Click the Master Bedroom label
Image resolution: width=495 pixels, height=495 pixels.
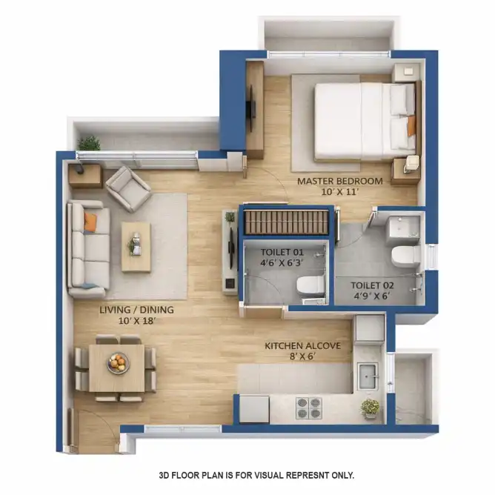(x=340, y=182)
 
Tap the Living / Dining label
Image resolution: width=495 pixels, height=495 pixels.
(x=136, y=310)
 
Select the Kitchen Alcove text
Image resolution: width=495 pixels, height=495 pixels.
(x=303, y=345)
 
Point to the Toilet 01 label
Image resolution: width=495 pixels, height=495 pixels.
(x=282, y=252)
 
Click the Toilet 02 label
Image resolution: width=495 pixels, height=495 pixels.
(x=373, y=285)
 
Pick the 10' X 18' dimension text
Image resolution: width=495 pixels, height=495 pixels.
(x=137, y=321)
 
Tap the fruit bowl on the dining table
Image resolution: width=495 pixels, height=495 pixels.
(x=118, y=362)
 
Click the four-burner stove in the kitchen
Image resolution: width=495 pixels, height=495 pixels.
(x=309, y=408)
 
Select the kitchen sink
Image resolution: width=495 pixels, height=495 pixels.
(x=368, y=376)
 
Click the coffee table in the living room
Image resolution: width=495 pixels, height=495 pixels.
(x=136, y=247)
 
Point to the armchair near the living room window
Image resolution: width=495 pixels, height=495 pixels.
(x=129, y=189)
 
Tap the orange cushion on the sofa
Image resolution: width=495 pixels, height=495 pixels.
(x=90, y=222)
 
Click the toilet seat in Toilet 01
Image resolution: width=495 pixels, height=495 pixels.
(x=311, y=285)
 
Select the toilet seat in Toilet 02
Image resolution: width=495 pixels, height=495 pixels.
(x=406, y=256)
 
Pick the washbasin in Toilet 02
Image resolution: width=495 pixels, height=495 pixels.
(x=402, y=227)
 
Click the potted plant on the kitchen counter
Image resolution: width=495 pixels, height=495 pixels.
(x=371, y=408)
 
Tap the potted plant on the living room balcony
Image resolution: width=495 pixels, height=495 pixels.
(x=90, y=143)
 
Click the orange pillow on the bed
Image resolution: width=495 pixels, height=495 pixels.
(x=411, y=126)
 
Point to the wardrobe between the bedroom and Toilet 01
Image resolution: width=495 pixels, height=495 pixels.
(x=287, y=222)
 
